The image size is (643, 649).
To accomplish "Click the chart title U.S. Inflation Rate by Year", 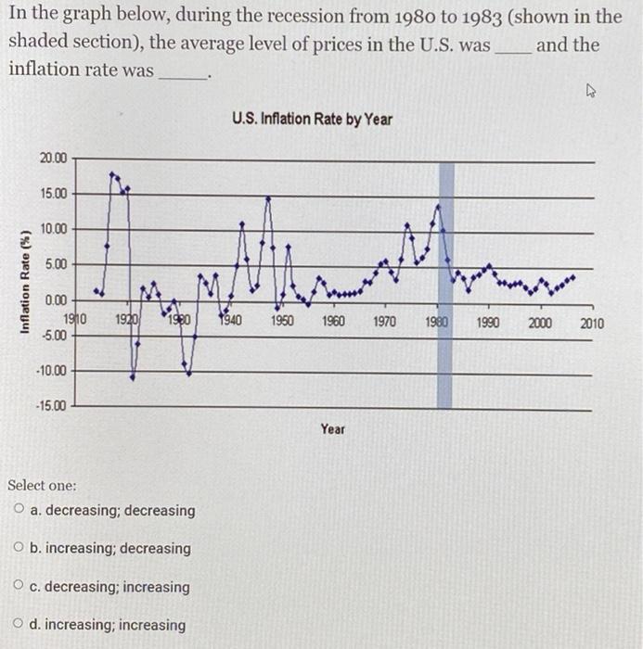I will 313,120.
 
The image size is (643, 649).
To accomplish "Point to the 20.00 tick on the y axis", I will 53,159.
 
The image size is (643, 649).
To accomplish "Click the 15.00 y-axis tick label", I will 53,194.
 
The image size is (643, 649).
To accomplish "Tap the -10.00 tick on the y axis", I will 51,371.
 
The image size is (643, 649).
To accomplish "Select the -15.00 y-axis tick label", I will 51,406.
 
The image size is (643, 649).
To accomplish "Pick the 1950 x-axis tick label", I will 282,323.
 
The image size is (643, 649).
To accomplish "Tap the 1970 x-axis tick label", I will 385,323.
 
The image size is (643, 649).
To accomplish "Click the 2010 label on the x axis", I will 591,324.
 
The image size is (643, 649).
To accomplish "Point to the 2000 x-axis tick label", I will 540,323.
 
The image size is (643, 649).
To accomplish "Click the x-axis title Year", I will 333,429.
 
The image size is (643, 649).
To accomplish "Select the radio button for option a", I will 19,510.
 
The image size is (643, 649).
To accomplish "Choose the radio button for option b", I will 19,548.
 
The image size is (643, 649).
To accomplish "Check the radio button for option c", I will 19,586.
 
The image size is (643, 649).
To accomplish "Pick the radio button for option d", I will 19,624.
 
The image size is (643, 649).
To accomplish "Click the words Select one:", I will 42,485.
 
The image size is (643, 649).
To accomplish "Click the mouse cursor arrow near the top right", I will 591,91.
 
